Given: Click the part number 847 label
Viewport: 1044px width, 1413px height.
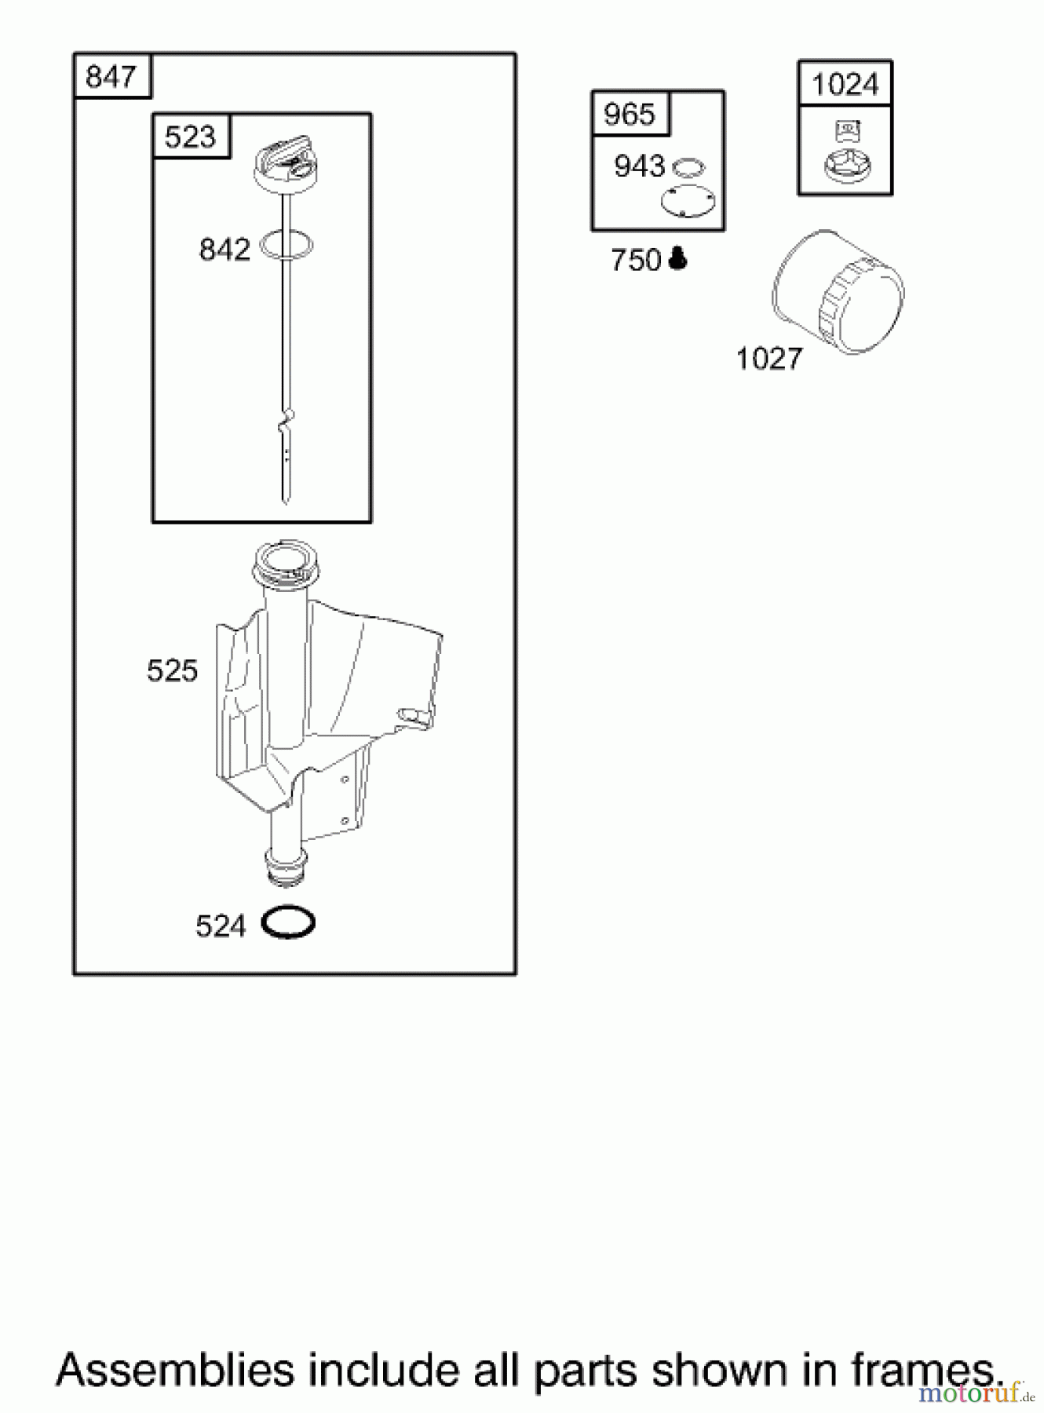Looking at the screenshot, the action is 111,77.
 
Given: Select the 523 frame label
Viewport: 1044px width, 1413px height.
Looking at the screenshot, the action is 190,137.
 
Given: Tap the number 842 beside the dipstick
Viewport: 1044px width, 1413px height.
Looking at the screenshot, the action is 224,250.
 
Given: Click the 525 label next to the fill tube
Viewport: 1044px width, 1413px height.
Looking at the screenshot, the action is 172,670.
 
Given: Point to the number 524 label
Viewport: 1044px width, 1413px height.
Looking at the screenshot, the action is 221,926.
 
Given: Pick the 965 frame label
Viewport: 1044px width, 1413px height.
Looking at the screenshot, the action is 629,115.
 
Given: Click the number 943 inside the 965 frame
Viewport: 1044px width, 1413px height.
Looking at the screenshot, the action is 640,166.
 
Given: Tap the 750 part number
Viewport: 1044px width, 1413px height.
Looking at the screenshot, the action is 636,260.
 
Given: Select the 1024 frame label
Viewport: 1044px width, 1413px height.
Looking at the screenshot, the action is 845,84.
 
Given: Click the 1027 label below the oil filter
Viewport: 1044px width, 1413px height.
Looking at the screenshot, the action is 769,359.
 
